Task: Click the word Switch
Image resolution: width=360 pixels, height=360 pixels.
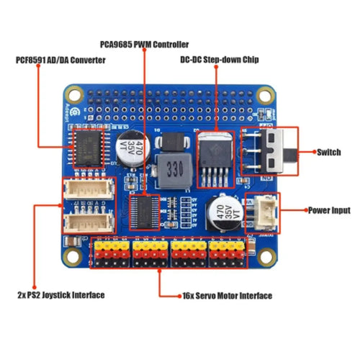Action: pyautogui.click(x=329, y=152)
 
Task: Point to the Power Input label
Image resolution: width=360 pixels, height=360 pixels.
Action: pyautogui.click(x=328, y=211)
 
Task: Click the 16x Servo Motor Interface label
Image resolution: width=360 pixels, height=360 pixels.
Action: pyautogui.click(x=217, y=295)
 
